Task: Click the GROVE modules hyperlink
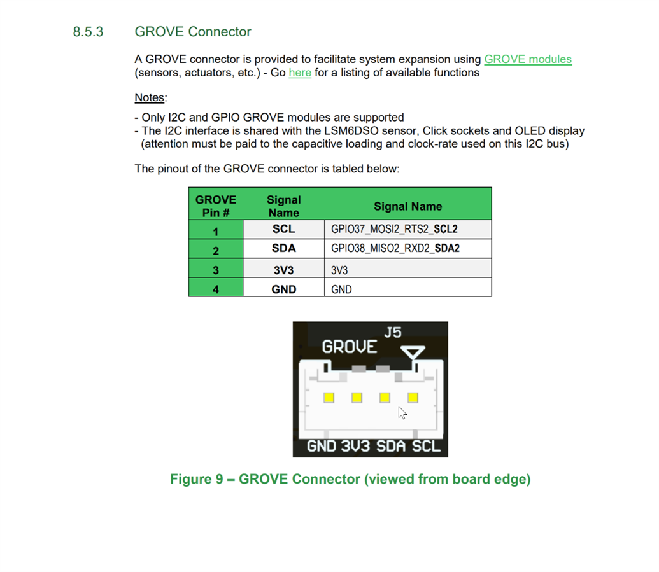pyautogui.click(x=528, y=59)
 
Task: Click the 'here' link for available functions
pyautogui.click(x=300, y=73)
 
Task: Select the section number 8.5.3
pyautogui.click(x=88, y=32)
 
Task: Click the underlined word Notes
pyautogui.click(x=150, y=97)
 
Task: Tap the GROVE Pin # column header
pyautogui.click(x=216, y=206)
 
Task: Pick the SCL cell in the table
pyautogui.click(x=283, y=229)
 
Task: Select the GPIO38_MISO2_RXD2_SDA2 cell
pyautogui.click(x=395, y=248)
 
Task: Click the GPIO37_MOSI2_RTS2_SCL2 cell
pyautogui.click(x=395, y=229)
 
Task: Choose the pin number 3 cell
pyautogui.click(x=216, y=270)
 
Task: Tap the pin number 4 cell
pyautogui.click(x=216, y=289)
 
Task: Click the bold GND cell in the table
pyautogui.click(x=283, y=289)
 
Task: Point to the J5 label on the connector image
pyautogui.click(x=393, y=332)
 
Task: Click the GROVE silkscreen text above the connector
pyautogui.click(x=350, y=347)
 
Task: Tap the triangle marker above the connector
pyautogui.click(x=415, y=354)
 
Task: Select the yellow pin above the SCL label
pyautogui.click(x=413, y=398)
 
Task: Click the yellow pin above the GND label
pyautogui.click(x=329, y=398)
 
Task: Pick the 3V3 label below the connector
pyautogui.click(x=355, y=446)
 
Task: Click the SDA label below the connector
pyautogui.click(x=391, y=446)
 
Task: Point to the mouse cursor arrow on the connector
pyautogui.click(x=402, y=413)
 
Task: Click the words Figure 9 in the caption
pyautogui.click(x=194, y=479)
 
